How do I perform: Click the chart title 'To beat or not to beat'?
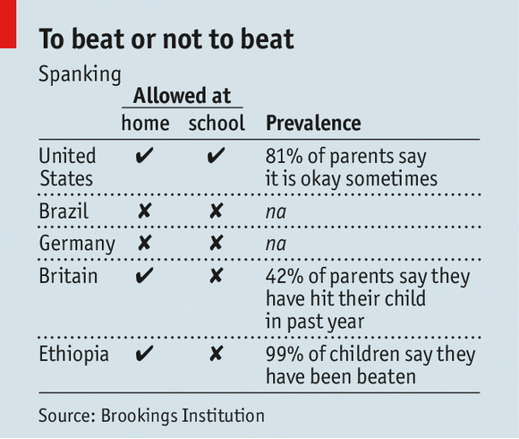166,39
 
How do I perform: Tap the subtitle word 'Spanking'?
80,74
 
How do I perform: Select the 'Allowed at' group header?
183,96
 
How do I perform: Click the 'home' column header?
144,124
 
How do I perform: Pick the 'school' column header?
216,124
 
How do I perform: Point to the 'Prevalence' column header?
313,124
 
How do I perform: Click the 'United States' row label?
67,167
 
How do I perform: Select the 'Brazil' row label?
63,212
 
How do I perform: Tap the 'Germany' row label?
76,244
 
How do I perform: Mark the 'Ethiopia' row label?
73,354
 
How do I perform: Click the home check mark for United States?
144,158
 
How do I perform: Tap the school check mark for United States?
216,158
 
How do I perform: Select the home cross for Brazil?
144,212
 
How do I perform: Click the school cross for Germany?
216,244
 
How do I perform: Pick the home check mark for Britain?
144,276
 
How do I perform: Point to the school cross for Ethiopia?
216,355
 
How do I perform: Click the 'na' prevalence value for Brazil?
276,213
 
